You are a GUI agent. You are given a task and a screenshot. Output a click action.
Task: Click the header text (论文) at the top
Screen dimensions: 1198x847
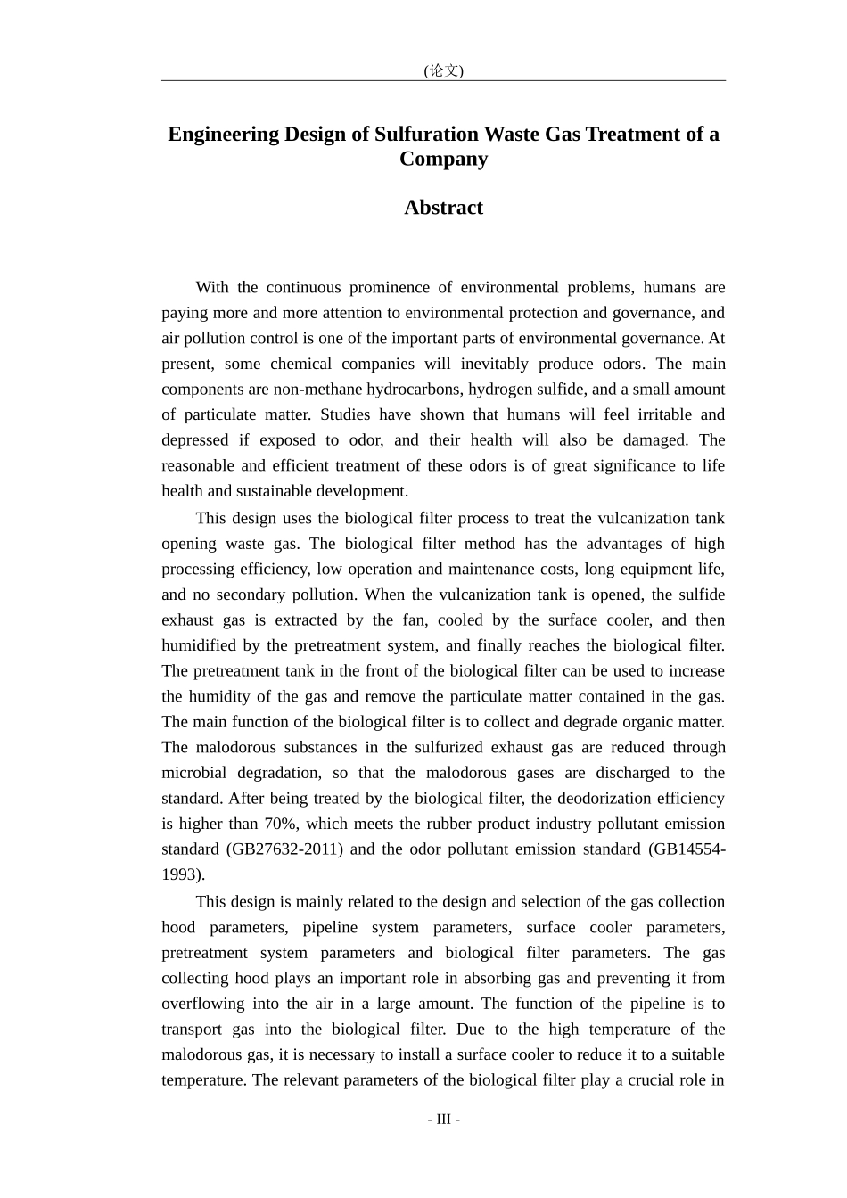pos(443,70)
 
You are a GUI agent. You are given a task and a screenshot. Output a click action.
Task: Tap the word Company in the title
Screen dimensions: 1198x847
pos(443,160)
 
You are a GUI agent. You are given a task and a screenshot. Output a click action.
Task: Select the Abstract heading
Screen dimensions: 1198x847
pos(443,208)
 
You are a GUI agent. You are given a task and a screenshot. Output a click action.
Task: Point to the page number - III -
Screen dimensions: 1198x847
pos(443,1120)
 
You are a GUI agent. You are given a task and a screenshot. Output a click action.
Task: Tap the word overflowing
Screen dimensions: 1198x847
pos(202,1004)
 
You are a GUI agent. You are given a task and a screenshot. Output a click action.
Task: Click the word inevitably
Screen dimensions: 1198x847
pos(492,364)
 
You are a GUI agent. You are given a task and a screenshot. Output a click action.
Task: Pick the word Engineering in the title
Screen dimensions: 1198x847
pos(224,135)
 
